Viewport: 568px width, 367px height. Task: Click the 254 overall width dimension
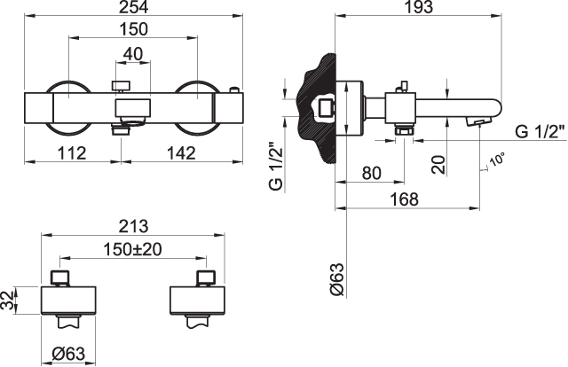point(134,7)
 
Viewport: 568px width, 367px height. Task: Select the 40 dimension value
point(133,54)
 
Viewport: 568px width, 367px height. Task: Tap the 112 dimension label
point(72,153)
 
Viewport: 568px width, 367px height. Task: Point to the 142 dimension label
point(181,153)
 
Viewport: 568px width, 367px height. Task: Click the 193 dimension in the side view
point(418,7)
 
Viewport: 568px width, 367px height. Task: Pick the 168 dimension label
point(404,199)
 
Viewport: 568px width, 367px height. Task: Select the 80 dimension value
point(372,174)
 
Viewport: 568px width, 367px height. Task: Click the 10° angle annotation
point(497,160)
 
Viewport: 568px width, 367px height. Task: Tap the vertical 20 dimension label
point(438,165)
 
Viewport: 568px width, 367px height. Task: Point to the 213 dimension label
point(134,227)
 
